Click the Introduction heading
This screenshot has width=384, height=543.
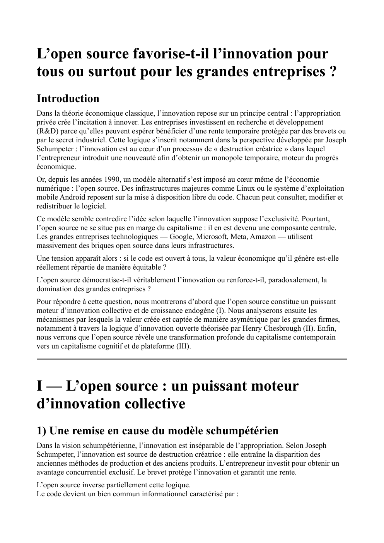coord(68,99)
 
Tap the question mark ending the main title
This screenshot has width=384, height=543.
coord(332,72)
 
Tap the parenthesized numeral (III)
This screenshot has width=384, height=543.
coord(183,346)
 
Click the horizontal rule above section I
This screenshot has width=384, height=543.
coord(192,359)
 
